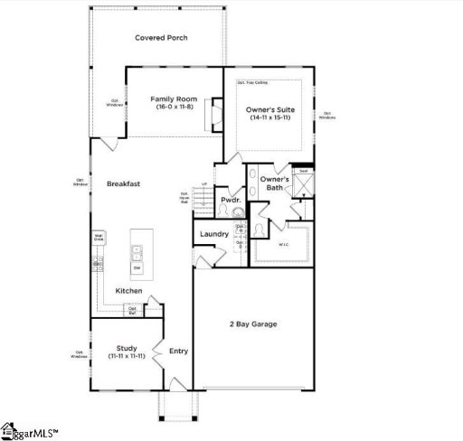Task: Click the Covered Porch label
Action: [161, 37]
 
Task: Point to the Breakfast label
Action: [123, 183]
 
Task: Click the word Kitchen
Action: [128, 290]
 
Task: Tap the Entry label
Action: [178, 351]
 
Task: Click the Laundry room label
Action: [213, 234]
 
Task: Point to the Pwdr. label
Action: [229, 199]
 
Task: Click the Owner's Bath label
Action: [274, 183]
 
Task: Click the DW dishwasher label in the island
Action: [137, 267]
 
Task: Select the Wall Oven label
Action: [98, 238]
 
